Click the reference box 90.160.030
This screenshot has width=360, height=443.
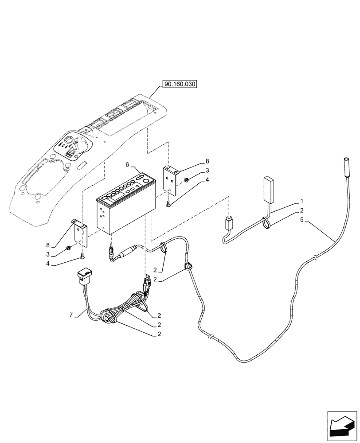[x=180, y=84]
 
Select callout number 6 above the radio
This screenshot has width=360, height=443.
[x=128, y=164]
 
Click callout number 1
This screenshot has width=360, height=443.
[x=302, y=200]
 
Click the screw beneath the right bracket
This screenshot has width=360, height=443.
[x=169, y=204]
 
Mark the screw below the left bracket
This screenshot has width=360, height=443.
[x=82, y=256]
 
